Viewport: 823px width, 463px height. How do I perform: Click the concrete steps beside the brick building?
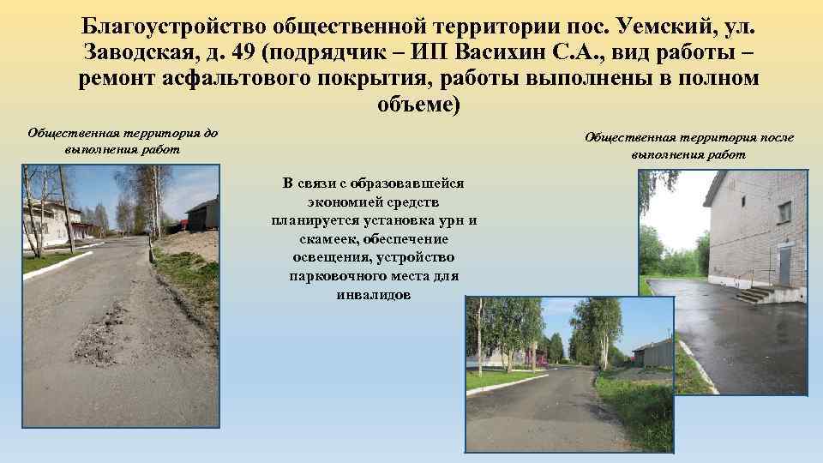756,294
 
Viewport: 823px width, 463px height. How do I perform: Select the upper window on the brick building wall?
784,211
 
